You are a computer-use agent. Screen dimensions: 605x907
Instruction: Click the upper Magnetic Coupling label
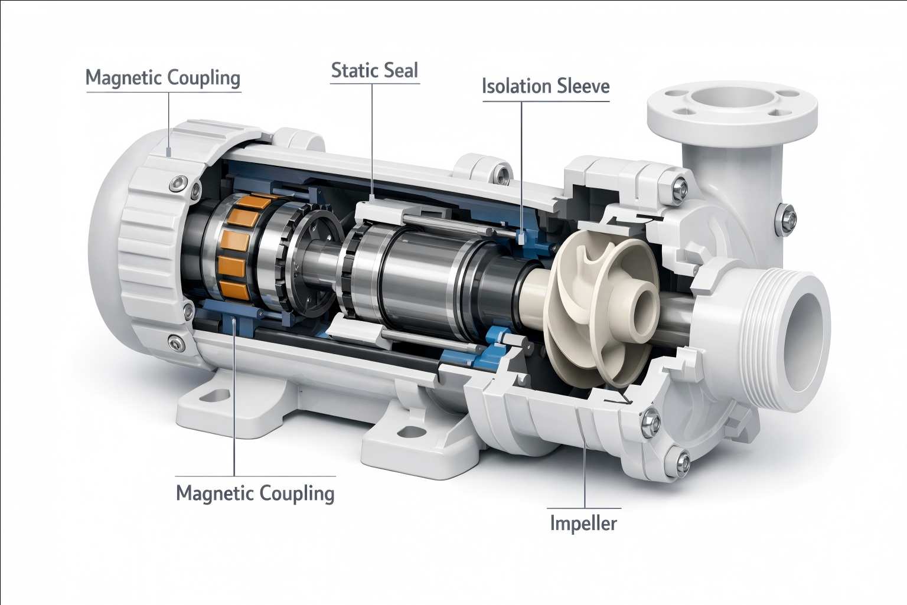(x=163, y=78)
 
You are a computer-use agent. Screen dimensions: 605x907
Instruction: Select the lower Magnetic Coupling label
(x=255, y=493)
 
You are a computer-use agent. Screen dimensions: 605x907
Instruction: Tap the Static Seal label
(x=374, y=71)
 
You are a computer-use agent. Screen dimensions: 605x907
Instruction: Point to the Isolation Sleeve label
(x=546, y=86)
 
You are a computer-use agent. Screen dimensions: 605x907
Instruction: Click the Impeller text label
(x=583, y=524)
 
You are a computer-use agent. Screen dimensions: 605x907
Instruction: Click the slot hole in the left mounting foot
(x=217, y=395)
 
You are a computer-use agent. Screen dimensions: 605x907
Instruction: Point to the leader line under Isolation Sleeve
(x=522, y=165)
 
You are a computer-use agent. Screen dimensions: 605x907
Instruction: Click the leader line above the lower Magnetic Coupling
(x=235, y=401)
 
